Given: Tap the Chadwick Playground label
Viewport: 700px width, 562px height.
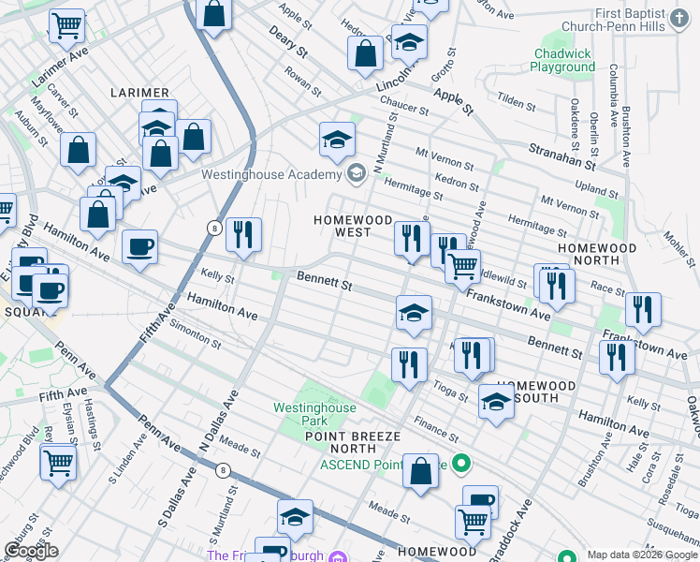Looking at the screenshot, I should click(x=562, y=61).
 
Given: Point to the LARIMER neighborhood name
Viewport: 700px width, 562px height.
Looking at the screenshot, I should click(x=139, y=93).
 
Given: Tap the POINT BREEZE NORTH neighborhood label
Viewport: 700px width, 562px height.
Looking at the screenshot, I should click(x=352, y=443).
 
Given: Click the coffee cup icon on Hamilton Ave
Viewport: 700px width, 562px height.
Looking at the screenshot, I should click(x=139, y=247).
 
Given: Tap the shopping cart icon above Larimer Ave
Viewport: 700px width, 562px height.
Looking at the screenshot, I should click(x=66, y=25).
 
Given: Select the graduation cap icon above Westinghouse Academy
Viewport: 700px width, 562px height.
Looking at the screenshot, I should click(x=337, y=140).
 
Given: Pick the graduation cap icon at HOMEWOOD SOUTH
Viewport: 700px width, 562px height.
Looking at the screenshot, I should click(x=495, y=403).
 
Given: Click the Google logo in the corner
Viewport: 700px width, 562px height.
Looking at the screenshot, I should click(x=32, y=550).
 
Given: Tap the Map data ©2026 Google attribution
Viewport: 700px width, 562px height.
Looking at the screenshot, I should click(x=642, y=555).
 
